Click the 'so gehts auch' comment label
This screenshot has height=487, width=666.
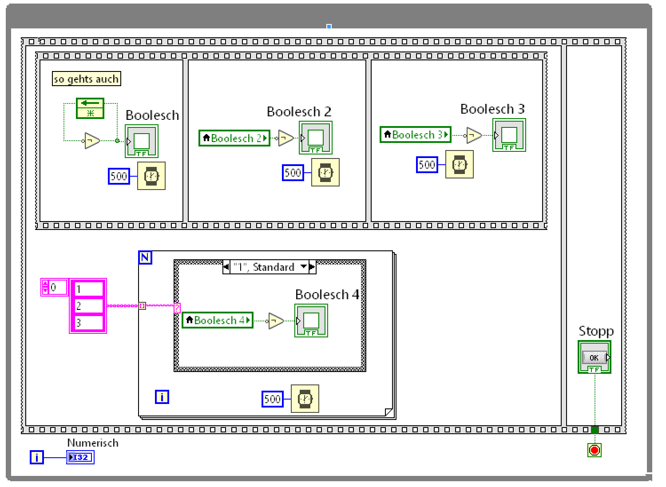click(86, 79)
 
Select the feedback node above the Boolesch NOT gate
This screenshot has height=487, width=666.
click(90, 108)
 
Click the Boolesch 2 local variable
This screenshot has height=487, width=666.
click(234, 138)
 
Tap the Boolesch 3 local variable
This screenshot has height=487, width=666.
click(416, 135)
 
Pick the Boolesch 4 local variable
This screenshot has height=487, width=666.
click(218, 320)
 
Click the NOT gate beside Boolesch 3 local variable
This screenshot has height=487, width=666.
click(474, 135)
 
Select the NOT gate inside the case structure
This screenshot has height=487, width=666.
click(275, 321)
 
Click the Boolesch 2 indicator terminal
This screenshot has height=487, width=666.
click(316, 138)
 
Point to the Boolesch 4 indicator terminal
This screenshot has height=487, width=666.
click(311, 321)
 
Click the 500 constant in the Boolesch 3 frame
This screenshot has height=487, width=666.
click(427, 165)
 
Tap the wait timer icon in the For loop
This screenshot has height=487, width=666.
click(305, 399)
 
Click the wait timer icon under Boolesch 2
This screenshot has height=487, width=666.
click(325, 172)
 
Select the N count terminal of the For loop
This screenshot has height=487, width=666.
click(145, 257)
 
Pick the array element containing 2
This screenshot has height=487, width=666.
click(88, 306)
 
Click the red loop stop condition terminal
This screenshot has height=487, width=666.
click(595, 450)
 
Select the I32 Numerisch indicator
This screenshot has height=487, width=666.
click(80, 457)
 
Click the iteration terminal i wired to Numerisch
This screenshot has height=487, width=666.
click(37, 457)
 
